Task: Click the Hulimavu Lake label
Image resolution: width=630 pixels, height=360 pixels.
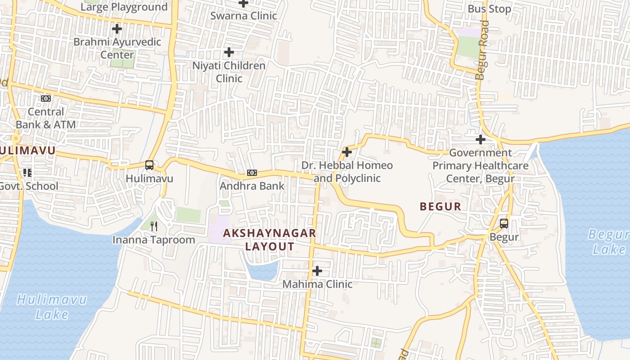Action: [52, 307]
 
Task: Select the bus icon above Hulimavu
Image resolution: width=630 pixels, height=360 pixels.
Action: [149, 165]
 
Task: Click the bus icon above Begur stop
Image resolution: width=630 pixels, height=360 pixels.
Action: [504, 223]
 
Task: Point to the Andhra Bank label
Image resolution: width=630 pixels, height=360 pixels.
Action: [252, 186]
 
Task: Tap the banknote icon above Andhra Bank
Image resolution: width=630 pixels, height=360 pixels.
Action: [252, 173]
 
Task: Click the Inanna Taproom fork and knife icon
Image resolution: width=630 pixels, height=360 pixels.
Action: [154, 226]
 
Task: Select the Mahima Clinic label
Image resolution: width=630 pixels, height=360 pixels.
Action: [317, 284]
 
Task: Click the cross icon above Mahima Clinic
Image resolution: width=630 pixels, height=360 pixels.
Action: [317, 271]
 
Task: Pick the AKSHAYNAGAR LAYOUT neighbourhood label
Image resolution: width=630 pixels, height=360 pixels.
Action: [270, 240]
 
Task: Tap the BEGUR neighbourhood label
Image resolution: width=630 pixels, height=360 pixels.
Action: [441, 207]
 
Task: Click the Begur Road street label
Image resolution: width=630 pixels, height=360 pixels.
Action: [482, 50]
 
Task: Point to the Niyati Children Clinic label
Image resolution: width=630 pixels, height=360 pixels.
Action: [229, 72]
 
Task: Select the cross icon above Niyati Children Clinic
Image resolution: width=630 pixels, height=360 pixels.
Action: [229, 52]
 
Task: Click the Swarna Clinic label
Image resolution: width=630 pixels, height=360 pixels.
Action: [244, 16]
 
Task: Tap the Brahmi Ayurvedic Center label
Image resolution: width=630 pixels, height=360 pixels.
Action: [117, 48]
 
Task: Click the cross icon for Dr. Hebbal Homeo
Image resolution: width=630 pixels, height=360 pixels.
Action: [347, 152]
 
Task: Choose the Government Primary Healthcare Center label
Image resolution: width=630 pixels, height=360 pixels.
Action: [480, 166]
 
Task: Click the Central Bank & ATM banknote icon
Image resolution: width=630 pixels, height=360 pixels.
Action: [46, 99]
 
